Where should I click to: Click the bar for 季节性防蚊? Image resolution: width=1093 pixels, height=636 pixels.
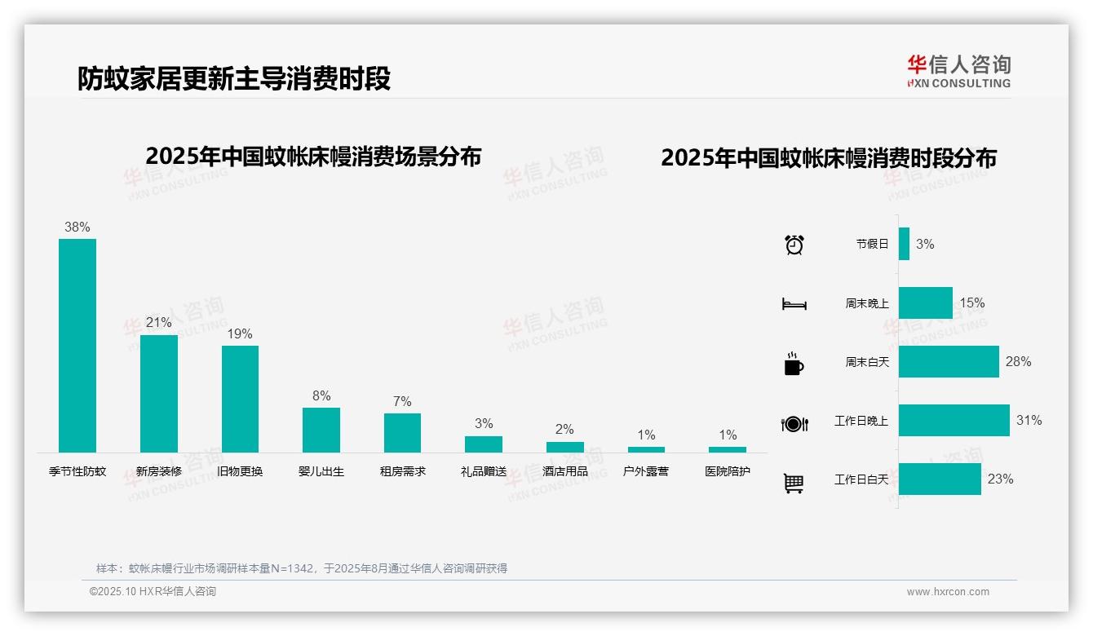(77, 345)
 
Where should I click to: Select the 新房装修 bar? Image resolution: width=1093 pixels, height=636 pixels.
(158, 393)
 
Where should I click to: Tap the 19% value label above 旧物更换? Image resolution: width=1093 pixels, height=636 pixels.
(240, 333)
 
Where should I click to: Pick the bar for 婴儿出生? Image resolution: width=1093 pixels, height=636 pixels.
(321, 430)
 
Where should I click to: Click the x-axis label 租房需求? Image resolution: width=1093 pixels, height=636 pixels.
(402, 471)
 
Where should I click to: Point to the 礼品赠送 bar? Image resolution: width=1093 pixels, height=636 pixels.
(484, 444)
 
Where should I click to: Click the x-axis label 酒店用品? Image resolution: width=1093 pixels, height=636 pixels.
(564, 471)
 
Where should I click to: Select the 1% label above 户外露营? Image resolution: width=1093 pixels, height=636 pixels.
(646, 435)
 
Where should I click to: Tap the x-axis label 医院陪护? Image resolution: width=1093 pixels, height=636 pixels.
(728, 471)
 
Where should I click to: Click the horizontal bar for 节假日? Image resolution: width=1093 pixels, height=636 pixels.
(904, 244)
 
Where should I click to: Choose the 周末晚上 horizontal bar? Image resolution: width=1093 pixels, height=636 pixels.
(925, 303)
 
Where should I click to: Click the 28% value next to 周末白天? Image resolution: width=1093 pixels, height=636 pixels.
(1018, 361)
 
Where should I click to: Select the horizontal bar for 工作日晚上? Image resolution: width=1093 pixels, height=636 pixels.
(954, 420)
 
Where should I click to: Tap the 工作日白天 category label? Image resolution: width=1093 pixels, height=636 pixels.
(861, 479)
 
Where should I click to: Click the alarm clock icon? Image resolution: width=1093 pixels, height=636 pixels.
(794, 245)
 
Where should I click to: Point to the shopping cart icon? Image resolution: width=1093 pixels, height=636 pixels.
(794, 484)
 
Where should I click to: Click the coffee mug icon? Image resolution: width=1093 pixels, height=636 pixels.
(794, 364)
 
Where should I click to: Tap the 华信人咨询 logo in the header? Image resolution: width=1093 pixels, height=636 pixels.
(958, 71)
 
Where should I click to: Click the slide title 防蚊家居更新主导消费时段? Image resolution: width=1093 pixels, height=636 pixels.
(234, 78)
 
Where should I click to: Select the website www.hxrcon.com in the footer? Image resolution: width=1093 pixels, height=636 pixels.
(948, 592)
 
